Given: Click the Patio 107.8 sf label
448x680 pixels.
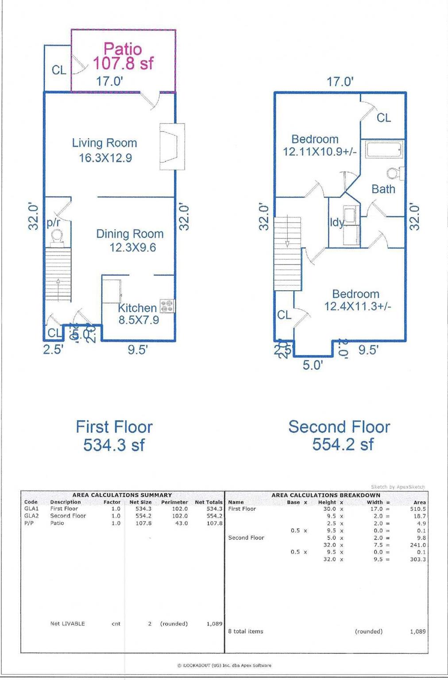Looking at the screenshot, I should point(123,56).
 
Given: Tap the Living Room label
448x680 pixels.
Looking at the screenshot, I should point(104,143).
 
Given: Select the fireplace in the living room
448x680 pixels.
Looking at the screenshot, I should point(171,147).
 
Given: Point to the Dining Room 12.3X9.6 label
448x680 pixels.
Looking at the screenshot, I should point(130,240).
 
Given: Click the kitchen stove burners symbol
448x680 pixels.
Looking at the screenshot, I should point(167,306).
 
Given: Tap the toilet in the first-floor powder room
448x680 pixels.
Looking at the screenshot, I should point(57,240).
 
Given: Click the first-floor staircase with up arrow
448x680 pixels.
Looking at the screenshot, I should point(58,275).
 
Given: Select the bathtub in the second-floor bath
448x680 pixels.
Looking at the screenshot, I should point(384,150).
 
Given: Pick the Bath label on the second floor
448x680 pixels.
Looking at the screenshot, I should point(383,189).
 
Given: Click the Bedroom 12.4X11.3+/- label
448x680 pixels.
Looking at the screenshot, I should point(357,300).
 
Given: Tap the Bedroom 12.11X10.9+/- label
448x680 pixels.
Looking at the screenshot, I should point(319,146).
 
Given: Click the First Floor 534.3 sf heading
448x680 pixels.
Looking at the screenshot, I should point(114,436).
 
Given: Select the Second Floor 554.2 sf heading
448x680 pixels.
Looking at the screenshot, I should point(340,435).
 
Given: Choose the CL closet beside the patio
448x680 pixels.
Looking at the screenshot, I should point(58,69).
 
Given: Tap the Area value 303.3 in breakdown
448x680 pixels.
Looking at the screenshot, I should point(418,559).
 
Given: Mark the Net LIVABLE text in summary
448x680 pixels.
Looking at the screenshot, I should point(67,623).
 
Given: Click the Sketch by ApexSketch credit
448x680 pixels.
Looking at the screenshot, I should point(398,487).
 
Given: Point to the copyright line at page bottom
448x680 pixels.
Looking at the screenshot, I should point(224,665).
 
